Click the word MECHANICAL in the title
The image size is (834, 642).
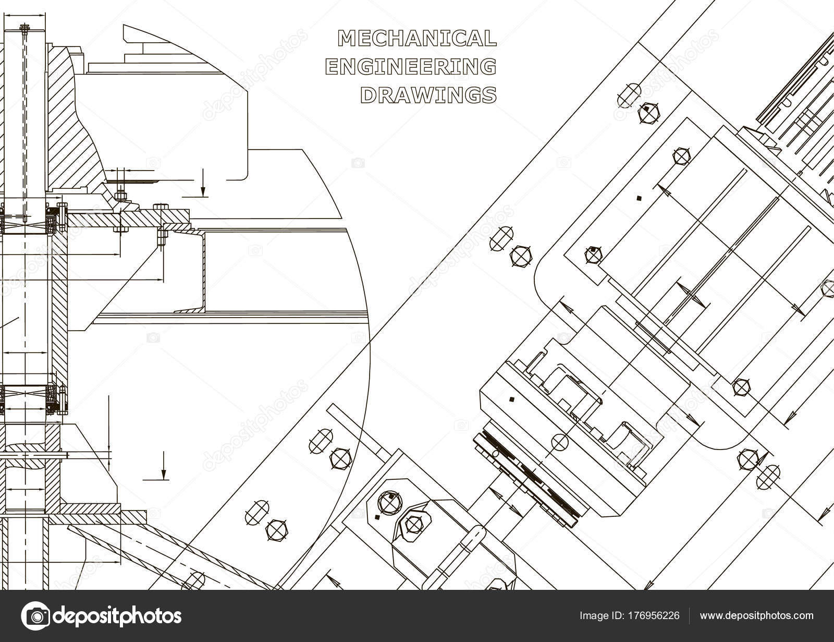[x=417, y=39]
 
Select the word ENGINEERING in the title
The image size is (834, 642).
[x=411, y=66]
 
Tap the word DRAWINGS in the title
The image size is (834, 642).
[x=428, y=95]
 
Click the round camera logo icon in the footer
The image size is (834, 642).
[x=35, y=616]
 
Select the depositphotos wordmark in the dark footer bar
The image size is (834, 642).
[x=117, y=616]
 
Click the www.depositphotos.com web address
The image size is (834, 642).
[x=756, y=616]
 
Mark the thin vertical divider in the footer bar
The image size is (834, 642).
[x=689, y=616]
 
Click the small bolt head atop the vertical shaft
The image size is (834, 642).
[x=24, y=27]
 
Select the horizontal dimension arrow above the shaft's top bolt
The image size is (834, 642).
[x=24, y=16]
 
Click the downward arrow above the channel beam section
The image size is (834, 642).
[x=203, y=183]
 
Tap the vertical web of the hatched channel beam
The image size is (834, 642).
[x=203, y=270]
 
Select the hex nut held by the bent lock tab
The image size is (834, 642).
[x=413, y=525]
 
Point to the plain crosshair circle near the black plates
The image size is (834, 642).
[x=560, y=442]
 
